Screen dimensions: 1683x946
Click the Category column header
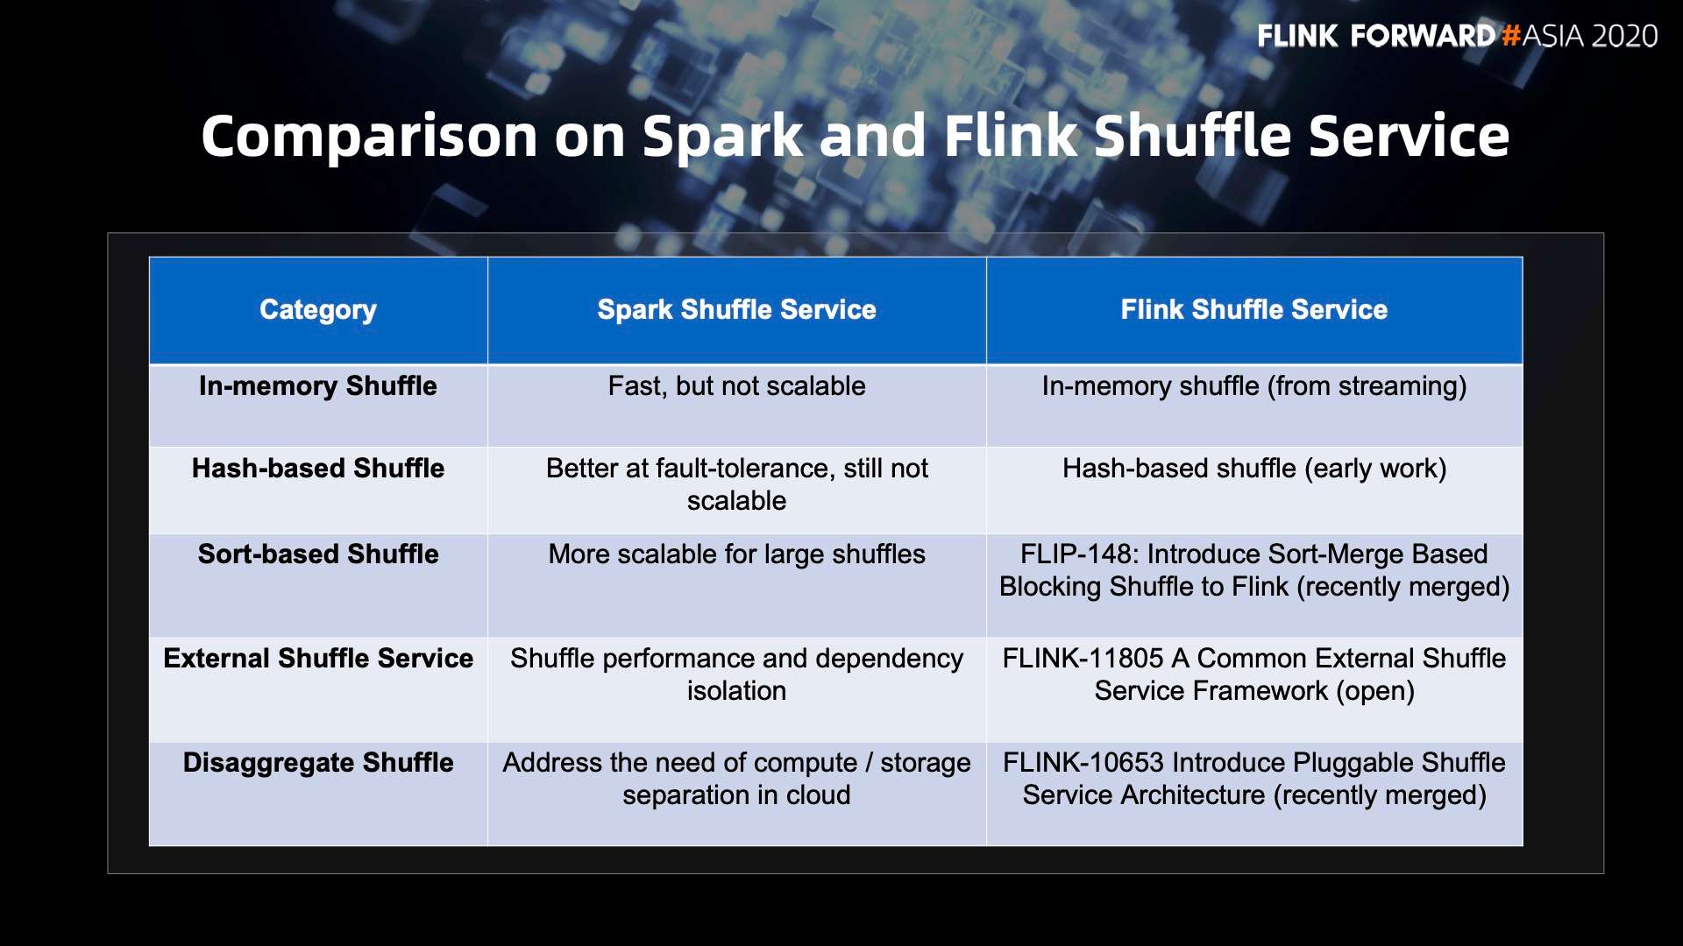pyautogui.click(x=318, y=310)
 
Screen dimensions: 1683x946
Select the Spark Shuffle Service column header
pyautogui.click(x=736, y=309)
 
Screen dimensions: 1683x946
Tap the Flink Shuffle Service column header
pyautogui.click(x=1254, y=309)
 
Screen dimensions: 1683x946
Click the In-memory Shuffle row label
pyautogui.click(x=318, y=386)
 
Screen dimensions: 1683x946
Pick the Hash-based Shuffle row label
pyautogui.click(x=318, y=469)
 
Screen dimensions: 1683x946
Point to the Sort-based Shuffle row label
pyautogui.click(x=318, y=554)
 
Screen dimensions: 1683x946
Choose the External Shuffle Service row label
pyautogui.click(x=318, y=659)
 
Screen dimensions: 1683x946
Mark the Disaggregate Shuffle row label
pyautogui.click(x=318, y=763)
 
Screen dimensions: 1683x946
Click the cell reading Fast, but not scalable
pyautogui.click(x=736, y=386)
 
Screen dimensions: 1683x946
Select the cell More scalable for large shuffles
pyautogui.click(x=736, y=554)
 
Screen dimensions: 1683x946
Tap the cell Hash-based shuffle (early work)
pyautogui.click(x=1254, y=469)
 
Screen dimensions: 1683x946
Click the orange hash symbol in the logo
pyautogui.click(x=1509, y=36)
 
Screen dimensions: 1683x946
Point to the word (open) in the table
pyautogui.click(x=1375, y=692)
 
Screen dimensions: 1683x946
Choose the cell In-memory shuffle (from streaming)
pyautogui.click(x=1254, y=386)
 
